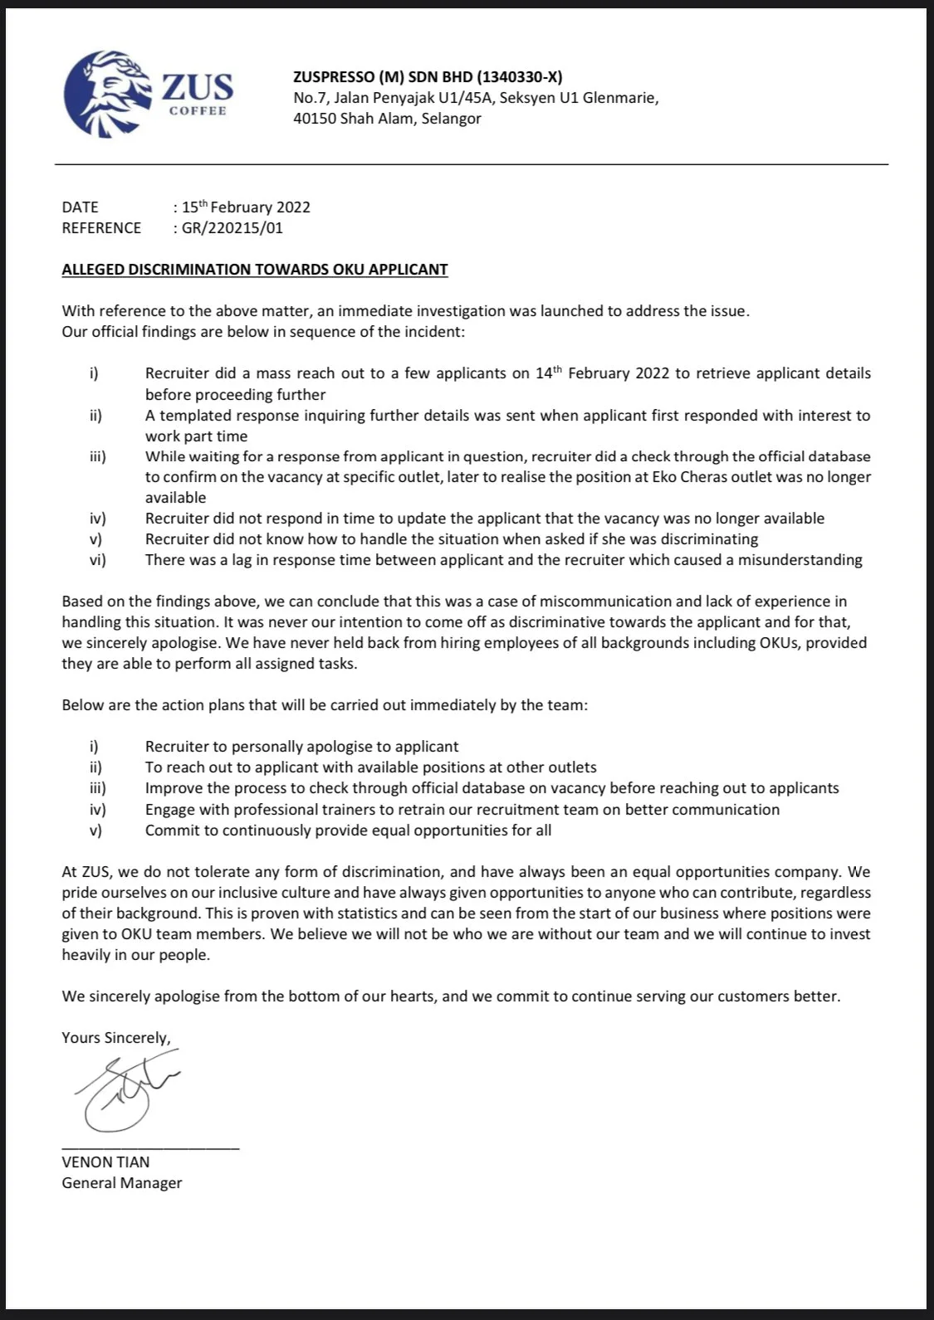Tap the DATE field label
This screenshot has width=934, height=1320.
tap(80, 207)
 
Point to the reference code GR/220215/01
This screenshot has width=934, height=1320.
tap(232, 227)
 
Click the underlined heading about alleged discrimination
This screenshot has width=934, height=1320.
tap(254, 269)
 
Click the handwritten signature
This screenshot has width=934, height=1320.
tap(125, 1088)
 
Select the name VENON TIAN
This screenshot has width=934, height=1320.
tap(105, 1162)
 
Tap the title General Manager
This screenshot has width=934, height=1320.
tap(121, 1182)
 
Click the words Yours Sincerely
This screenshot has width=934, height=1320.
tap(116, 1037)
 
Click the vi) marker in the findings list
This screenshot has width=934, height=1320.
tap(98, 560)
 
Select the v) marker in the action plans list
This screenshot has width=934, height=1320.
tap(96, 830)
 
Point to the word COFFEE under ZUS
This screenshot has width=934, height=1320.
tap(198, 111)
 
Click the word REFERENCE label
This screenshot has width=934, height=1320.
tap(101, 227)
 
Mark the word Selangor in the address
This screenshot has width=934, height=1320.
tap(451, 118)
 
